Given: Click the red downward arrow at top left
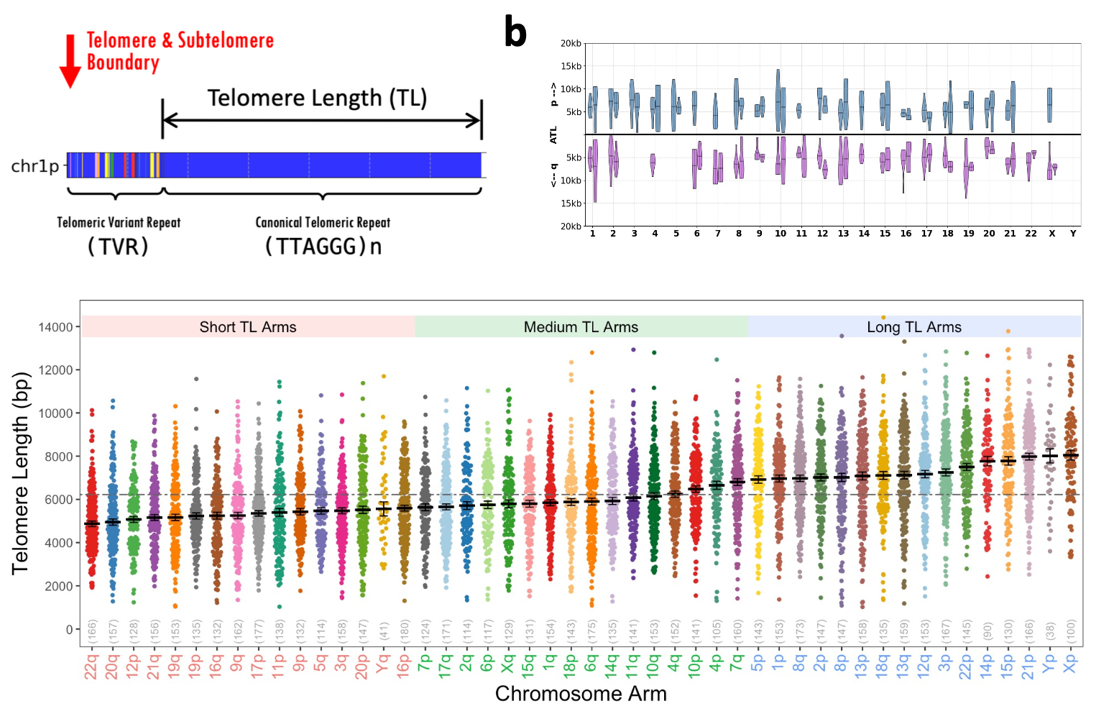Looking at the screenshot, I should [x=70, y=61].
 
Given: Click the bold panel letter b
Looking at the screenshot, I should [x=515, y=33].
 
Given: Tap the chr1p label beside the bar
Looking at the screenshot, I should [x=35, y=166].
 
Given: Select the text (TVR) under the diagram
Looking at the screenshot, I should [x=118, y=247].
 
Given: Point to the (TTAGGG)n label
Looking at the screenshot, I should [x=323, y=247].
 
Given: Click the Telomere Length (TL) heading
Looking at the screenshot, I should [x=317, y=98].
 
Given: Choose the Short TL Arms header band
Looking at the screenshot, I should [x=248, y=327].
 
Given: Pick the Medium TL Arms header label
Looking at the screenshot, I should [x=581, y=327].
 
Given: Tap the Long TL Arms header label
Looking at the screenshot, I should [x=913, y=327].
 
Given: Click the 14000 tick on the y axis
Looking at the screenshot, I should [x=55, y=327].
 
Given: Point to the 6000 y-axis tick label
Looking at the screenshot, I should [x=58, y=500].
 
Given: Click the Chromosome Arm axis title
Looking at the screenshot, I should [x=581, y=694].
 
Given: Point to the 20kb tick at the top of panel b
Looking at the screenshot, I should [x=571, y=44].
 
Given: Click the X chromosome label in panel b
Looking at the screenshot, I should [x=1051, y=234].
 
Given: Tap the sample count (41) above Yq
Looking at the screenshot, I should [x=384, y=631].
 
